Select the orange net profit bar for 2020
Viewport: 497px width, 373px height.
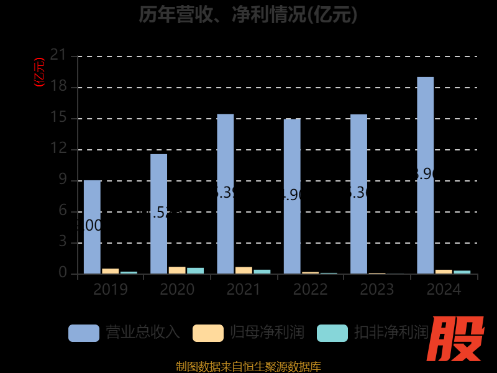pyautogui.click(x=177, y=270)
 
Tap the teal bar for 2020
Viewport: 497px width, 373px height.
pyautogui.click(x=195, y=271)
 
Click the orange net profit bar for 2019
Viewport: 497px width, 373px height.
pyautogui.click(x=110, y=271)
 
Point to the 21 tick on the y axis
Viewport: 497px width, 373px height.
pyautogui.click(x=58, y=55)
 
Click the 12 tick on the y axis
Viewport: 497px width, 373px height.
pyautogui.click(x=58, y=149)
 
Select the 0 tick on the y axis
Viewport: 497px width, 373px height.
pyautogui.click(x=62, y=273)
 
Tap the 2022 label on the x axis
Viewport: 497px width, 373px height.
pyautogui.click(x=310, y=290)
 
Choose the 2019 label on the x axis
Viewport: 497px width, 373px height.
pyautogui.click(x=111, y=290)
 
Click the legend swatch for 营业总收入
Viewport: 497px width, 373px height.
pyautogui.click(x=83, y=333)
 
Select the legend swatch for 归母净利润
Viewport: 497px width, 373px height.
pyautogui.click(x=208, y=333)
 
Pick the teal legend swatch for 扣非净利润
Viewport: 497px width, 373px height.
pyautogui.click(x=332, y=333)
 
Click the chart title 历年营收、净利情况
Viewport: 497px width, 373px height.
pyautogui.click(x=248, y=14)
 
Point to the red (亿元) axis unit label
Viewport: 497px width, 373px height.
pyautogui.click(x=40, y=72)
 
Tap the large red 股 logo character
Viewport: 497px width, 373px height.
pyautogui.click(x=458, y=339)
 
